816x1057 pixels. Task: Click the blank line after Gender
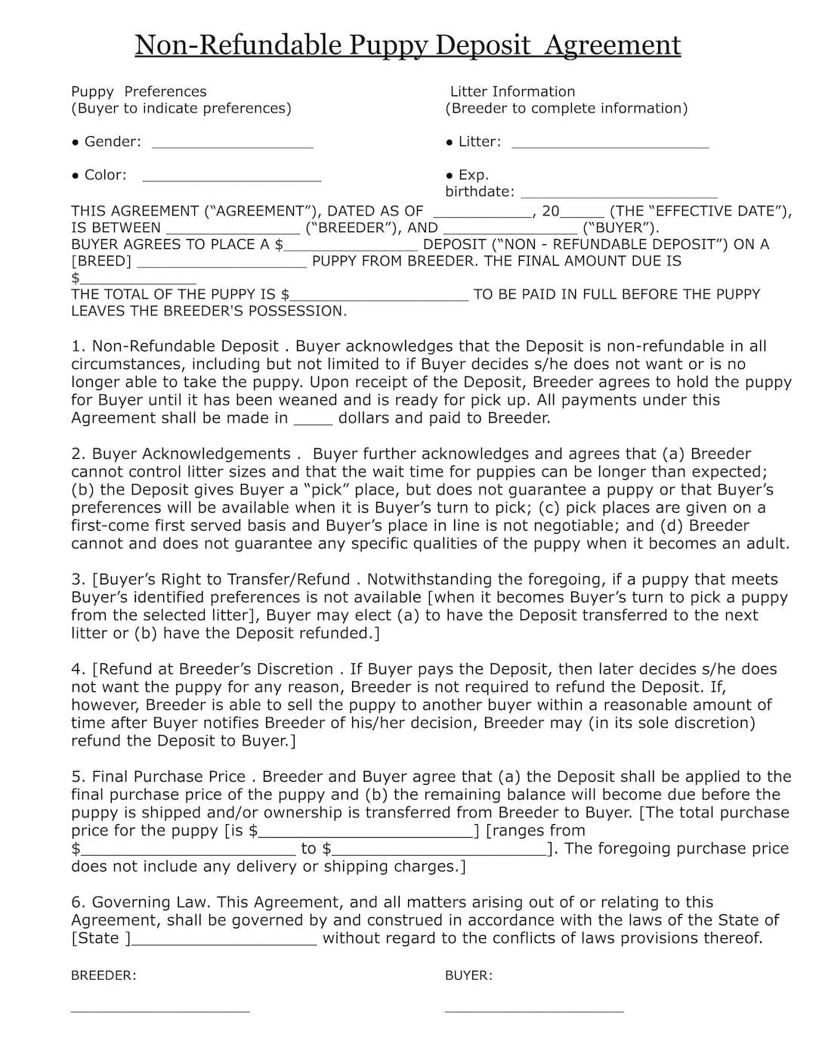tap(232, 146)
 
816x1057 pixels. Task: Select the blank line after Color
tap(231, 179)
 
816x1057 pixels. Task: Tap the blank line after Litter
tap(610, 146)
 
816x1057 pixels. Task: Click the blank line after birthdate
tap(619, 196)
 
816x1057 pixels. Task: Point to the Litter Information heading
tap(512, 91)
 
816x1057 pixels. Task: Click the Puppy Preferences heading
tap(138, 91)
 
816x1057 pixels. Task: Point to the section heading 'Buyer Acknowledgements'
tap(191, 454)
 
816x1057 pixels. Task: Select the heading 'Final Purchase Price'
tap(168, 776)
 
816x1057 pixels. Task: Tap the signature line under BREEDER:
tap(159, 1010)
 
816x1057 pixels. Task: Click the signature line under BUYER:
tap(533, 1010)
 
